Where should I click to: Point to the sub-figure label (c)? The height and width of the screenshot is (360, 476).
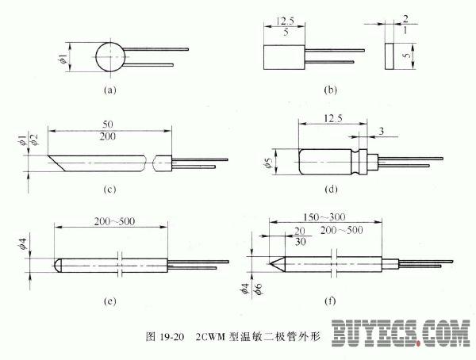click(109, 190)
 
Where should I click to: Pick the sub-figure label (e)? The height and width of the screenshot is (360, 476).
click(109, 302)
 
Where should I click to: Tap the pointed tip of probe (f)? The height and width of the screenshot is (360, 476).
click(267, 261)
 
